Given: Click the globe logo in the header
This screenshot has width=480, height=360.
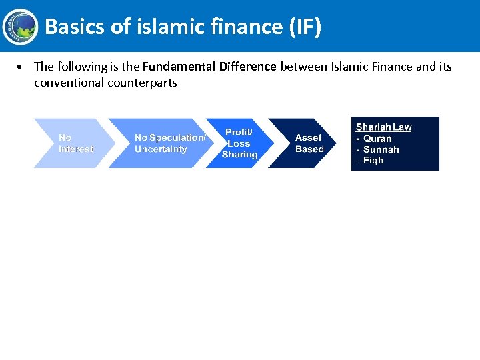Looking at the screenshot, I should click(x=20, y=26).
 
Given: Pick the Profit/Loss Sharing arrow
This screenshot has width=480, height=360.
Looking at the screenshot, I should click(x=237, y=143).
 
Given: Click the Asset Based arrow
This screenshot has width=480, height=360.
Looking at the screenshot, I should click(x=303, y=143).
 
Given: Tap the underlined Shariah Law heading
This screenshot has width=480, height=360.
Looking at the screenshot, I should click(x=383, y=127).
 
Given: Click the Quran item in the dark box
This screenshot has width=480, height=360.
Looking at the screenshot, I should click(x=377, y=139).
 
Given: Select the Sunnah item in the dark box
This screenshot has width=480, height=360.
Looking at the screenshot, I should click(x=381, y=149).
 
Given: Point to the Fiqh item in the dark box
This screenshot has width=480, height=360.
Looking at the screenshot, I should click(x=373, y=161).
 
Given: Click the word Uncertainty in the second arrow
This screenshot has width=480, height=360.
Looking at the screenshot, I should click(x=161, y=149).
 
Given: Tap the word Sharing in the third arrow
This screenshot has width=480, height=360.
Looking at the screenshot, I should click(x=239, y=155).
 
